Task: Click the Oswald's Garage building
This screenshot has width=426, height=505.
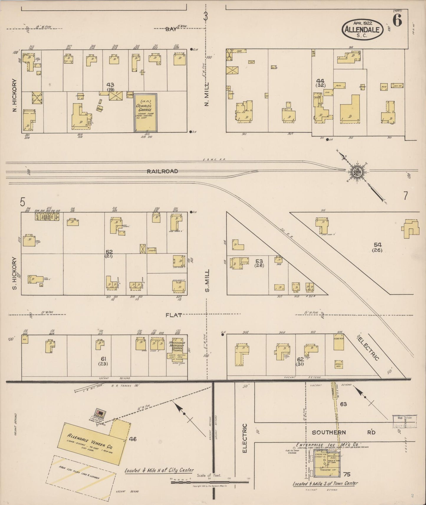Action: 146,113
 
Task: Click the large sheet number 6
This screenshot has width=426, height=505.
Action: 397,20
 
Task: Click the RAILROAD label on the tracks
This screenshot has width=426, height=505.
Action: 162,171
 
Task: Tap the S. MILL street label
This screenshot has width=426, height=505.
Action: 208,280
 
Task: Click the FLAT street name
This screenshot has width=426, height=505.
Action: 174,315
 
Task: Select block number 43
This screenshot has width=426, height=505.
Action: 111,85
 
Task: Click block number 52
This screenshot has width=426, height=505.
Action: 109,252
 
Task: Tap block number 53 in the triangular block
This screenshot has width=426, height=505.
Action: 259,261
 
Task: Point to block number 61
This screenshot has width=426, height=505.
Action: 103,359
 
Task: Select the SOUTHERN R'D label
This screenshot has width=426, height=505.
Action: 343,433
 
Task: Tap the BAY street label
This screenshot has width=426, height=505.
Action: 170,29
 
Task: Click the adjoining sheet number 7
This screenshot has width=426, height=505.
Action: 406,196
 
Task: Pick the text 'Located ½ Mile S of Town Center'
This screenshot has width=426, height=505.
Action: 325,483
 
